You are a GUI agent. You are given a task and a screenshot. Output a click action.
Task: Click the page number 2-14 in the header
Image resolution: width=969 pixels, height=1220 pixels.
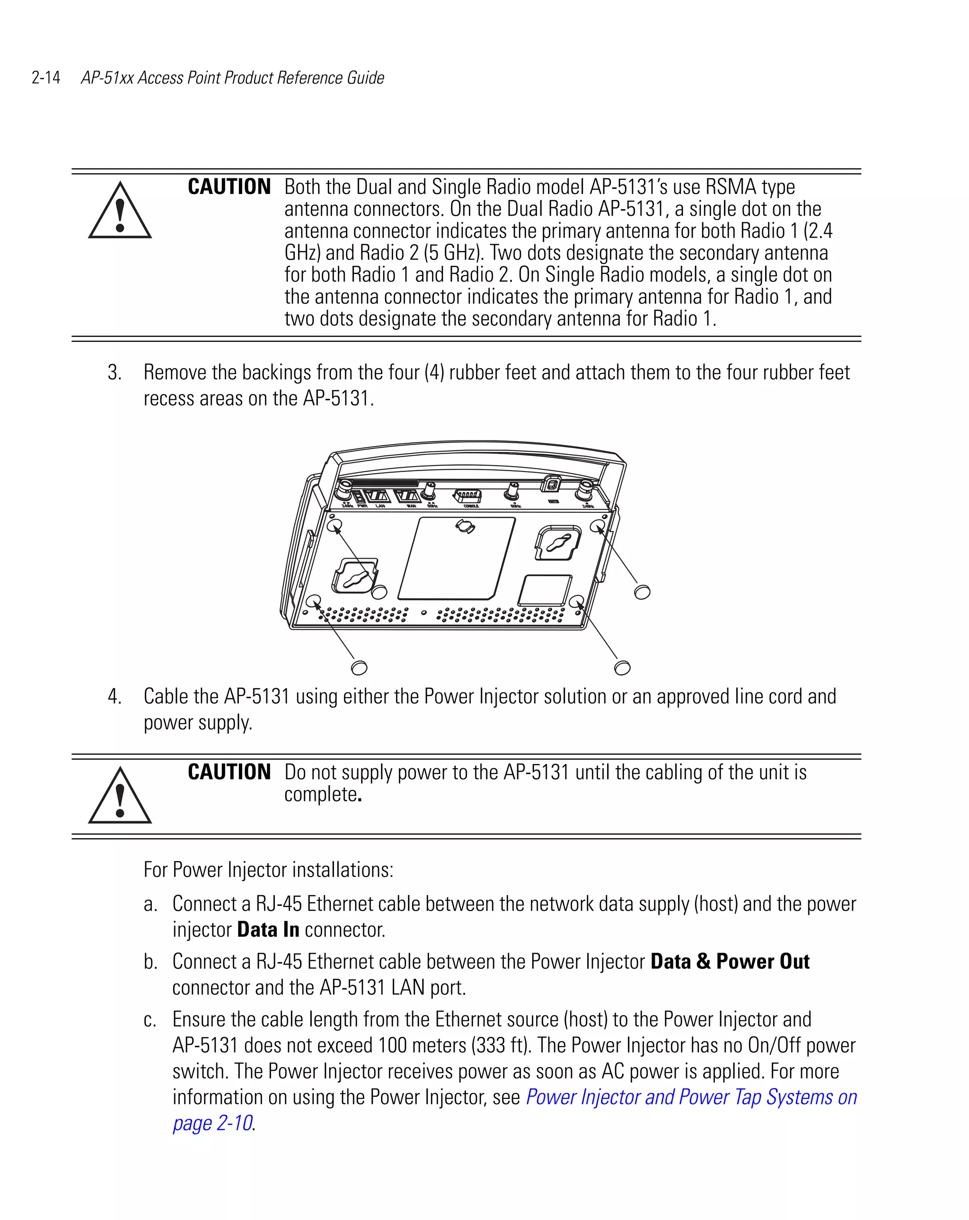46,78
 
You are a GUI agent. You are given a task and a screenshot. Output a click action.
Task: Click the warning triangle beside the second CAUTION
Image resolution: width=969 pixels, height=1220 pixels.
119,796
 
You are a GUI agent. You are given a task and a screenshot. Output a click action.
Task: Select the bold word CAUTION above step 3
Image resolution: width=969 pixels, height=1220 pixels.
229,187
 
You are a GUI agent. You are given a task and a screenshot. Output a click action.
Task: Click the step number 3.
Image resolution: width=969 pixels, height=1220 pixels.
114,373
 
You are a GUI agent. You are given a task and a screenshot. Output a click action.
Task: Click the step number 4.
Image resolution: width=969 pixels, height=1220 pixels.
114,697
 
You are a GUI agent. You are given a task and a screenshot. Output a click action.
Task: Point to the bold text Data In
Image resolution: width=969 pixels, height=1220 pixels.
268,930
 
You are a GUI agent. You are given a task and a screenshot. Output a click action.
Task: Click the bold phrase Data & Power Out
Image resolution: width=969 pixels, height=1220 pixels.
730,961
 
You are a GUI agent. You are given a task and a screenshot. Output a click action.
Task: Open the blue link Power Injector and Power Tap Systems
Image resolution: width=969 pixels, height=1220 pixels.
690,1097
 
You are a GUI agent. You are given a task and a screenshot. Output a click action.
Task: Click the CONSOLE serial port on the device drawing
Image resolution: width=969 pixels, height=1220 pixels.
467,496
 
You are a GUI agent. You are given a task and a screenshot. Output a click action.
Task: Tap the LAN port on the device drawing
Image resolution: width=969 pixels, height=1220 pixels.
377,496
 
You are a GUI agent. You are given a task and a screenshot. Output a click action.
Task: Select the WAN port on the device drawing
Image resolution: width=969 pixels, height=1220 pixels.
406,496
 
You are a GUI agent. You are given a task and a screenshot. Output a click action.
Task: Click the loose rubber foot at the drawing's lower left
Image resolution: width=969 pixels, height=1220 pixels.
359,668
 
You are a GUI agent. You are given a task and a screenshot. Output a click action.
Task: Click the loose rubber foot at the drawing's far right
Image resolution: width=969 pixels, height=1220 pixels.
642,592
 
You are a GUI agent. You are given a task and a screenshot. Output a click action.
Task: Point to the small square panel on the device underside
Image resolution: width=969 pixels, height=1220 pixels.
545,591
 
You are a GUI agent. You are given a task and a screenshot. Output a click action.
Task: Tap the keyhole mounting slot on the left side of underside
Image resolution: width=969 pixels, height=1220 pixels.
355,577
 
